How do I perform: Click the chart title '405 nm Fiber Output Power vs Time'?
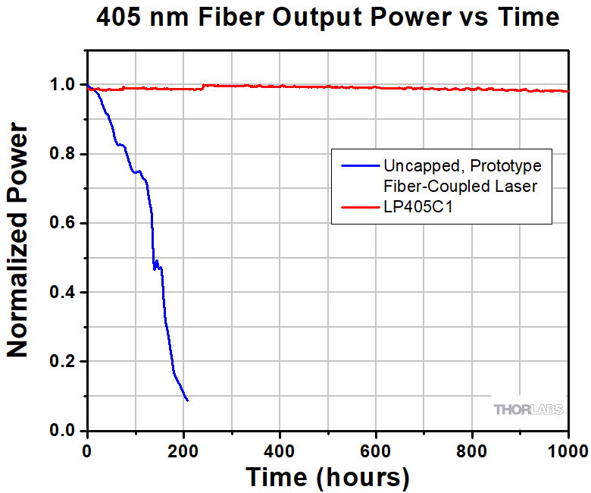pos(328,17)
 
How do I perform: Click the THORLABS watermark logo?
pos(529,410)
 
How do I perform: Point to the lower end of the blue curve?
pos(187,400)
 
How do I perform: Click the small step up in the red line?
pos(202,86)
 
